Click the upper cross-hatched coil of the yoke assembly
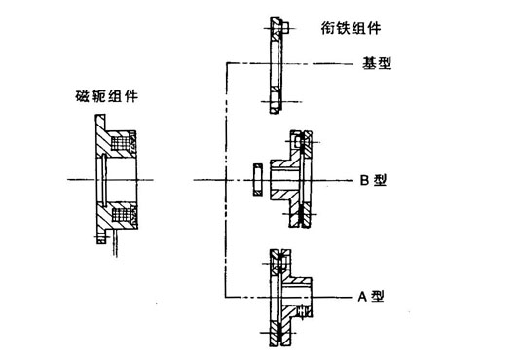(124, 145)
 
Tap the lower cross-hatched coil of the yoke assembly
(124, 212)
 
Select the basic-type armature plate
(272, 62)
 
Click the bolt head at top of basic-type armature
(276, 22)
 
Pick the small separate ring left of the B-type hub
(255, 179)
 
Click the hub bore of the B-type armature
(285, 179)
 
